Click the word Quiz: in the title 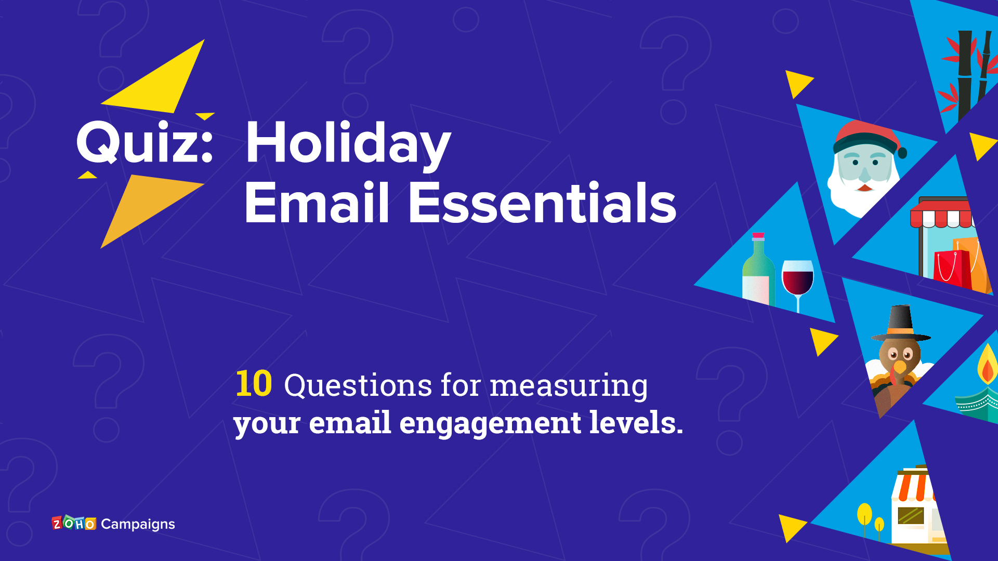145,142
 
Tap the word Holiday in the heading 348,143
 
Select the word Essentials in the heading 542,203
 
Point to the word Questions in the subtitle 358,385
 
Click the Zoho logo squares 74,523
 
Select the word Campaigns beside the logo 138,525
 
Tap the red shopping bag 952,269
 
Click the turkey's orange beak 899,367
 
